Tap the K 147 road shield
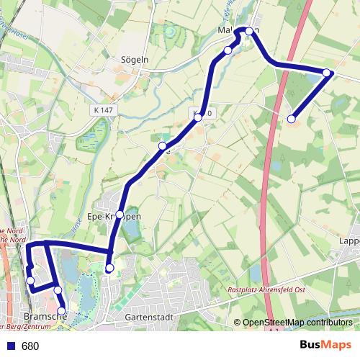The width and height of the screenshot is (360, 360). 104,110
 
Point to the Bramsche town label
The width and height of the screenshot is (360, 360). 44,317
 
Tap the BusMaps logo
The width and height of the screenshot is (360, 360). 326,346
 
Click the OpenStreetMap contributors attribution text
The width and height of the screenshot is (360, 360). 298,323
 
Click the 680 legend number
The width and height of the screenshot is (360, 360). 30,346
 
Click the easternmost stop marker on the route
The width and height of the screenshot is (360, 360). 327,73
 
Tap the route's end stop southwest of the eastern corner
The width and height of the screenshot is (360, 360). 292,119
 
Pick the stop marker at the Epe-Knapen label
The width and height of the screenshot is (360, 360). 120,215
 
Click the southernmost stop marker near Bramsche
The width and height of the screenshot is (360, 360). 61,311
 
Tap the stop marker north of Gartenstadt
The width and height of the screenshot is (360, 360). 109,269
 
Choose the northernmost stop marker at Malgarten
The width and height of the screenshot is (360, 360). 249,31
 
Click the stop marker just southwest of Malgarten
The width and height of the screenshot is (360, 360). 228,50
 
